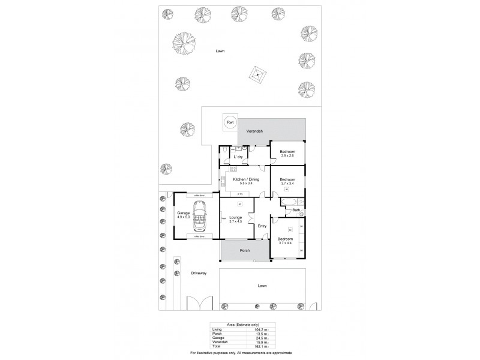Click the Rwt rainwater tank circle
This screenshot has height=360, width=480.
pyautogui.click(x=230, y=123)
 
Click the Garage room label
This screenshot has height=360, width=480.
pyautogui.click(x=184, y=213)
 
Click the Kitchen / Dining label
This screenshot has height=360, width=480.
pyautogui.click(x=247, y=179)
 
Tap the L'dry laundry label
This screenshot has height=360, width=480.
pyautogui.click(x=238, y=157)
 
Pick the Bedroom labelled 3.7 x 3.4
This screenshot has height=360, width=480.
pyautogui.click(x=287, y=181)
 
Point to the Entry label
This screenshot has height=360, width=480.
pyautogui.click(x=262, y=226)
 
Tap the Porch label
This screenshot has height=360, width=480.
pyautogui.click(x=244, y=250)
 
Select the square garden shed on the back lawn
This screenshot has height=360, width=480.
pyautogui.click(x=258, y=76)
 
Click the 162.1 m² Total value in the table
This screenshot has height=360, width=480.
pyautogui.click(x=259, y=347)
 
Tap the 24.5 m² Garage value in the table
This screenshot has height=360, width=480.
pyautogui.click(x=259, y=337)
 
